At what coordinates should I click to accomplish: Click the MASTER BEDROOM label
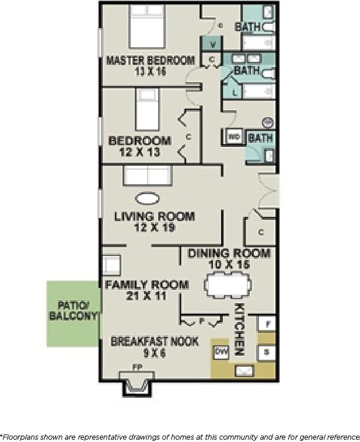tap(150, 60)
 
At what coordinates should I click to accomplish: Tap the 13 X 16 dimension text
tap(150, 71)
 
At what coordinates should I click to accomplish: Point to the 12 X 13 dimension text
tap(139, 152)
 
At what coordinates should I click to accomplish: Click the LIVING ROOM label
tap(154, 216)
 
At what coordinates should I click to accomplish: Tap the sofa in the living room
tap(146, 175)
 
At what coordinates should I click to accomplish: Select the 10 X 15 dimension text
tap(228, 264)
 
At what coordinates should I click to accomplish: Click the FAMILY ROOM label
tap(146, 285)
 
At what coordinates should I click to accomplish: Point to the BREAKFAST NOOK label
tap(155, 341)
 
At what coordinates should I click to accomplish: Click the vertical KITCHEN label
tap(239, 329)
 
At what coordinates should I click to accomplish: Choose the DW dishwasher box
tap(221, 352)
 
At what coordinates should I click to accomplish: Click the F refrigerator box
tap(267, 324)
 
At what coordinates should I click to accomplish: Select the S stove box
tap(267, 352)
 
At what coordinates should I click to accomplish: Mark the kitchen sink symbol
tap(244, 370)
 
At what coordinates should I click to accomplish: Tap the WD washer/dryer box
tap(234, 136)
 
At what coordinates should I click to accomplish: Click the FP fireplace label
tap(136, 367)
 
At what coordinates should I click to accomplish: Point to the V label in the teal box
tap(213, 44)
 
